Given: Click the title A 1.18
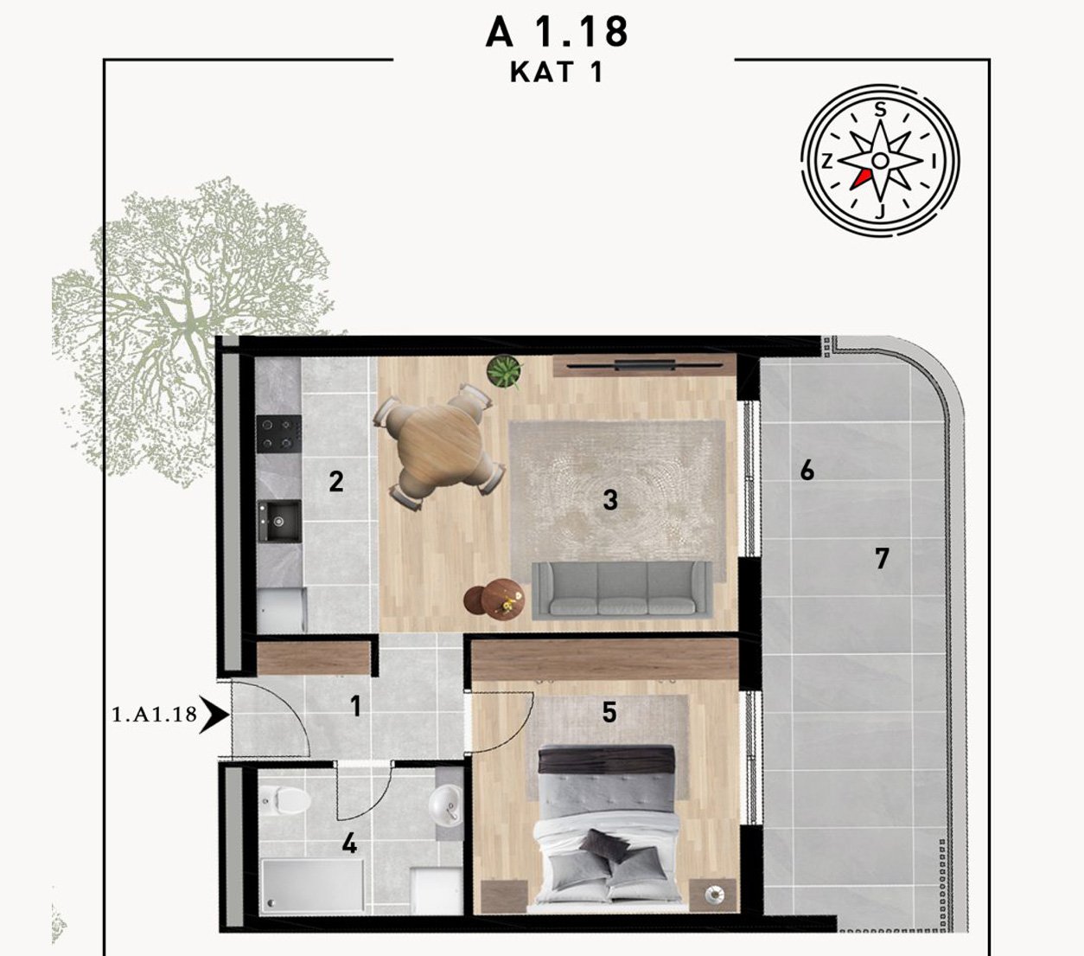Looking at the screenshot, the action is pos(557,32).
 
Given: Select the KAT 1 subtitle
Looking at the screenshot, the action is pos(557,73).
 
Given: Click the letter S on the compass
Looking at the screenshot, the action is pos(880,110).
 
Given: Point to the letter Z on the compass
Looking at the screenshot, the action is pos(827,161).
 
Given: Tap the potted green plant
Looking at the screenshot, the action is pos(504,370).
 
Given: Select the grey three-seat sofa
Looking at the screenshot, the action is pos(622,589).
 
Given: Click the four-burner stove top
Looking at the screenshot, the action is pos(278,434).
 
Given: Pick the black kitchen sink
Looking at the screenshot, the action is pos(278,520).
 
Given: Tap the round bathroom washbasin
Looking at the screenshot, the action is pos(444,804).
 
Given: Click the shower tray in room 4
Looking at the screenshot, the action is pos(312,886).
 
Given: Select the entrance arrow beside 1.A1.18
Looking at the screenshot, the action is pos(214,714).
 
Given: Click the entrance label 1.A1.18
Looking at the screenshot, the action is pos(154,715).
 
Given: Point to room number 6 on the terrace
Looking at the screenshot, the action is pos(807,471).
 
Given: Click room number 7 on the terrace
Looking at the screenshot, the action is pos(882,558).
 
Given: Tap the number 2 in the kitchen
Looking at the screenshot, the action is pos(336,481).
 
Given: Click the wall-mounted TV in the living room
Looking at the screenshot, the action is pos(644,366).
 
